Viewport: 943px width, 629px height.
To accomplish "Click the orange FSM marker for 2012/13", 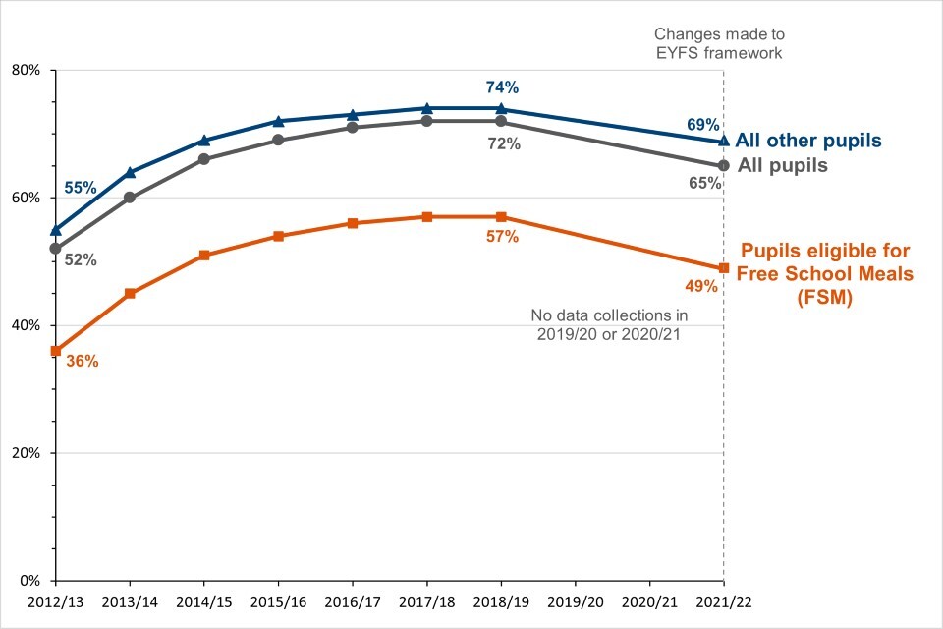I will coord(56,351).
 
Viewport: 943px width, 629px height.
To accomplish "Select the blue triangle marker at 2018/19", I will coord(501,108).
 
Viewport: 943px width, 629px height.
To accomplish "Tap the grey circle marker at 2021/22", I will coord(724,165).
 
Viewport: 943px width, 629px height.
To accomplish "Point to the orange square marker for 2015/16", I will coord(279,236).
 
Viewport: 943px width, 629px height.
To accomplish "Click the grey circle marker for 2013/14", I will coord(130,198).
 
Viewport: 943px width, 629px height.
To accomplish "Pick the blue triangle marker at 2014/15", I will coord(204,141).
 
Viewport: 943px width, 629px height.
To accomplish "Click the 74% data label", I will coord(501,86).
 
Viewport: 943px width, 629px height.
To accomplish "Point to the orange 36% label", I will coord(82,361).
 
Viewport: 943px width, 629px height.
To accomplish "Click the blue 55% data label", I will coord(81,187).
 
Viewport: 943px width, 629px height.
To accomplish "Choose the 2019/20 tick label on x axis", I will coord(575,599).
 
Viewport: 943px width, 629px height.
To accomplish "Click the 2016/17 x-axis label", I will coord(352,599).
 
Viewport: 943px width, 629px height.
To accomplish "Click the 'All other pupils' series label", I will coord(807,140).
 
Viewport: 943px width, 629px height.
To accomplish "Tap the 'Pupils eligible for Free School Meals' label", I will coord(826,274).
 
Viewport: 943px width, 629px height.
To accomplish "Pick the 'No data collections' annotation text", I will coord(609,324).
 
